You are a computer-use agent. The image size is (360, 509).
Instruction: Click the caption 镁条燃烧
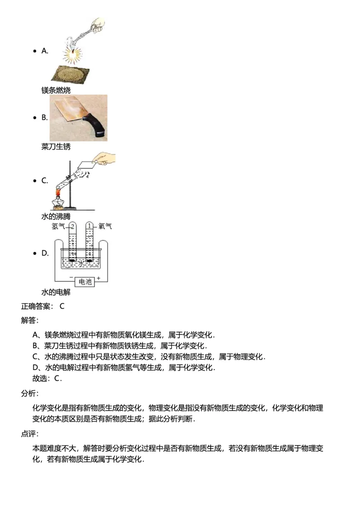tap(56, 90)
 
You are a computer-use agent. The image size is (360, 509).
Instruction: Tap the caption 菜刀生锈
tap(56, 147)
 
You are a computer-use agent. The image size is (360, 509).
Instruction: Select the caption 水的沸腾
tap(56, 217)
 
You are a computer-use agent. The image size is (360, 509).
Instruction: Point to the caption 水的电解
tap(56, 293)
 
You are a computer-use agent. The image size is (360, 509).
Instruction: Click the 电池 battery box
tap(85, 282)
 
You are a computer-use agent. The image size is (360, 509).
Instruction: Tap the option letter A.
tap(45, 51)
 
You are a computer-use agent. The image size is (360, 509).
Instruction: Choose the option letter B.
tap(45, 118)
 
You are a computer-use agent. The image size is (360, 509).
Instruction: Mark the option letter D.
tap(45, 253)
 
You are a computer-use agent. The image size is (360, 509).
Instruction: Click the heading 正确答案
tap(37, 307)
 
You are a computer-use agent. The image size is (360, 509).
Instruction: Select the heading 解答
tap(30, 320)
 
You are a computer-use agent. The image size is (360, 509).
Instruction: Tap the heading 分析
tap(30, 393)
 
